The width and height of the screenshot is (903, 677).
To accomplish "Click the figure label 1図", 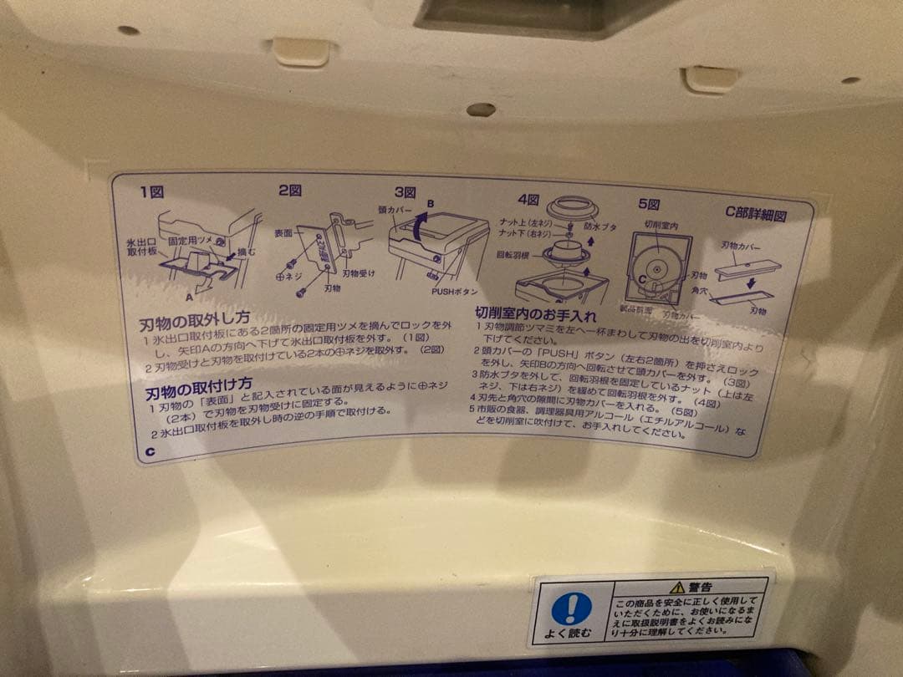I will pyautogui.click(x=151, y=191).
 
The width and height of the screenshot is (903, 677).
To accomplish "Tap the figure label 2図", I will pyautogui.click(x=289, y=191).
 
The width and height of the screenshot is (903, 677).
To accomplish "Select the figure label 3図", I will pyautogui.click(x=406, y=191).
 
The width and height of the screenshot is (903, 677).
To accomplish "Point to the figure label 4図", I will pyautogui.click(x=528, y=199).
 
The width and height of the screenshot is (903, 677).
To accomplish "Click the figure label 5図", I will pyautogui.click(x=649, y=204).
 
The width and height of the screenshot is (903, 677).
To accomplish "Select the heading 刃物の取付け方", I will pyautogui.click(x=198, y=389).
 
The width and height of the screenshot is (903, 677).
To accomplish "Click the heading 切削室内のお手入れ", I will pyautogui.click(x=536, y=315).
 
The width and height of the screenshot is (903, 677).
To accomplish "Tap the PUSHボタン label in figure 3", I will pyautogui.click(x=455, y=292).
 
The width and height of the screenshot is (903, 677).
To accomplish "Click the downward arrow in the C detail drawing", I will pyautogui.click(x=750, y=282).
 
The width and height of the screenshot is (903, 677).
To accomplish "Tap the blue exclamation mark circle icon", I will pyautogui.click(x=571, y=608).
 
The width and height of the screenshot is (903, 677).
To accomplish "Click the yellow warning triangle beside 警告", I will pyautogui.click(x=676, y=587).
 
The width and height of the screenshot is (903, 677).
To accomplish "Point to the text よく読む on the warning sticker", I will pyautogui.click(x=570, y=633).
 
